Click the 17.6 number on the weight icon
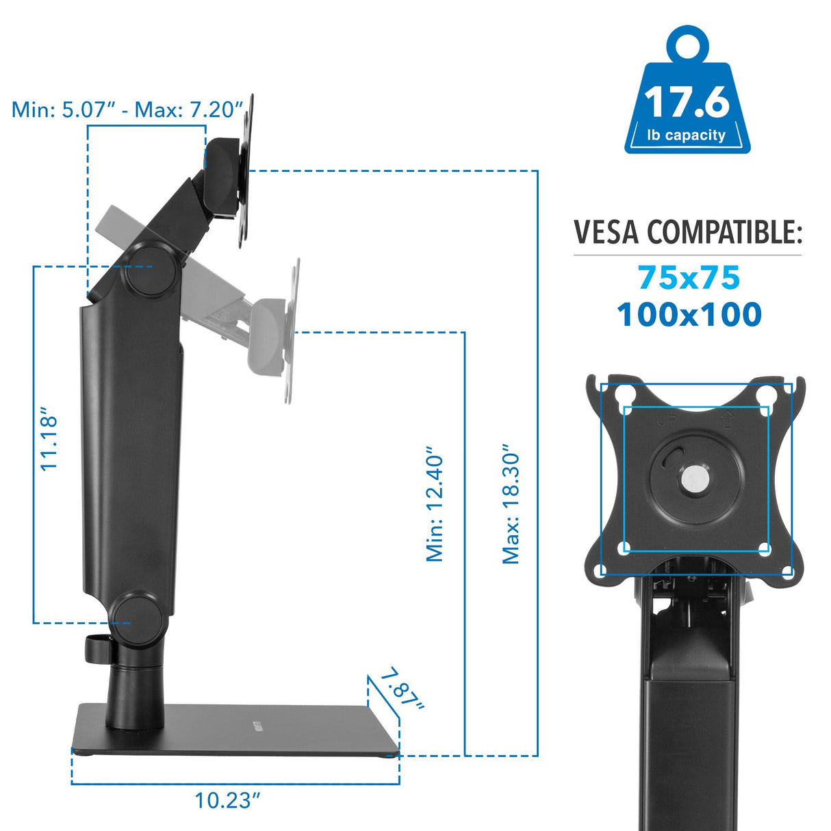click(x=687, y=102)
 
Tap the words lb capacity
click(x=687, y=135)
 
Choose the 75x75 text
click(x=689, y=278)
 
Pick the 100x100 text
click(x=689, y=315)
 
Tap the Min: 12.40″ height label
click(x=435, y=505)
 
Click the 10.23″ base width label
click(x=228, y=800)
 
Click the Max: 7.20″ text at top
click(x=189, y=110)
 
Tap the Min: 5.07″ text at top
click(x=61, y=110)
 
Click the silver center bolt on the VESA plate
click(x=695, y=479)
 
